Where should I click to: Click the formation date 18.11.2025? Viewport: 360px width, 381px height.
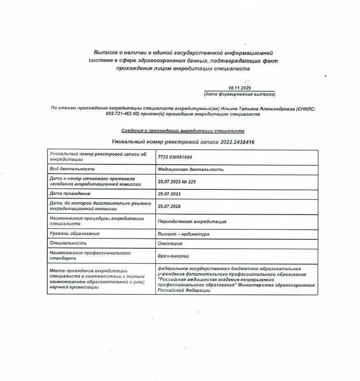click(239, 88)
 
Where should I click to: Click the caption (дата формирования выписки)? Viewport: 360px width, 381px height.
click(239, 94)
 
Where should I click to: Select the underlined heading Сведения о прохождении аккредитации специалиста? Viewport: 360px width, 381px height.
click(183, 131)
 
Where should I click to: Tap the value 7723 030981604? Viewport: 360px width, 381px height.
click(175, 157)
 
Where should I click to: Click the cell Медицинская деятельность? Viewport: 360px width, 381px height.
click(190, 169)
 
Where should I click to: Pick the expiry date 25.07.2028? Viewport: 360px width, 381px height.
click(169, 206)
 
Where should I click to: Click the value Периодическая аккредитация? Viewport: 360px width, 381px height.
click(192, 222)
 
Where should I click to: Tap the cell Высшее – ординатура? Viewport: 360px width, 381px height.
click(183, 234)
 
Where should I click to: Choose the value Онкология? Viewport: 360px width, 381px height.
click(170, 243)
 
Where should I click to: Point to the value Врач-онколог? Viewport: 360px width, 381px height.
click(173, 256)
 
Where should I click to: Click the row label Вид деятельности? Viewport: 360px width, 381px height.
click(72, 169)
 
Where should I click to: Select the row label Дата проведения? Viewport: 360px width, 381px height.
click(70, 194)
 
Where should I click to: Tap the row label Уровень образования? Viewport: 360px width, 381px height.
click(74, 234)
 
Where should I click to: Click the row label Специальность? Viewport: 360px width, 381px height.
click(68, 243)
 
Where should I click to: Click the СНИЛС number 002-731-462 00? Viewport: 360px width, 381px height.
click(123, 114)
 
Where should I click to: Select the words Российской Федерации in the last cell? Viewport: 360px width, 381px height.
click(184, 290)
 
